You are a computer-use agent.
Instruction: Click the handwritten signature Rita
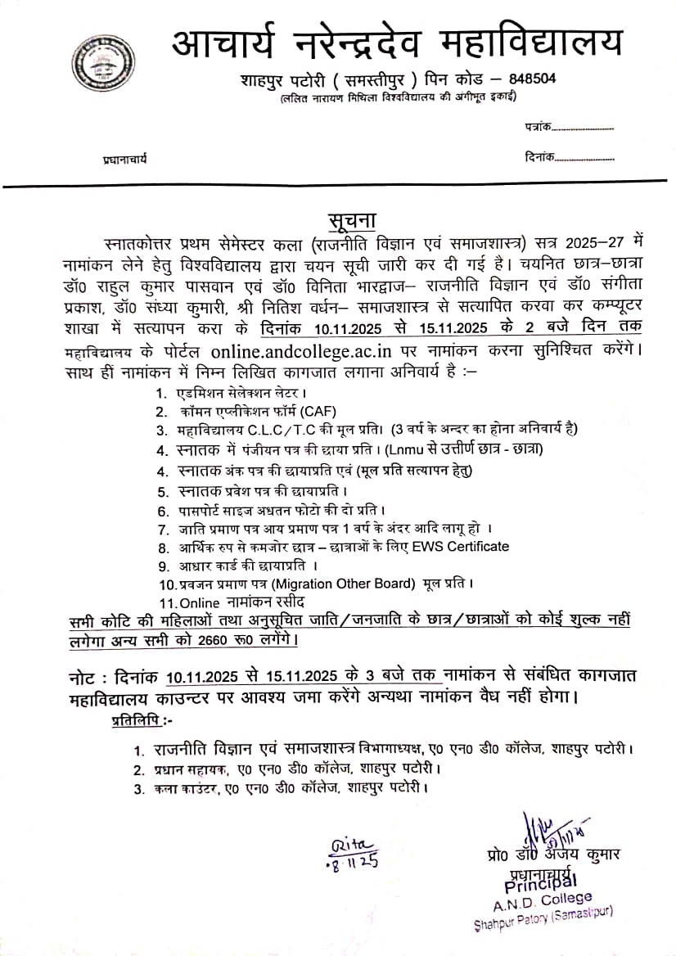[351, 846]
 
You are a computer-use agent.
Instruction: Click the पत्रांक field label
[538, 128]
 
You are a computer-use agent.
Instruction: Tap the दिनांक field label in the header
[539, 156]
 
